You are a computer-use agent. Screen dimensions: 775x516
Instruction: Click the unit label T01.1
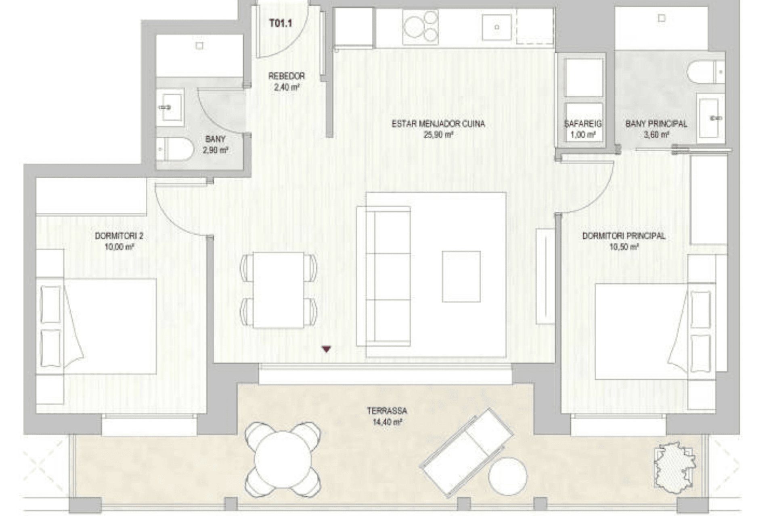[x=281, y=23]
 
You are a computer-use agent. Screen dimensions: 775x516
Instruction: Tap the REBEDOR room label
[x=287, y=76]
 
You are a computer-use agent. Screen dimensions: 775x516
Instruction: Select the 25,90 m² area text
[x=438, y=135]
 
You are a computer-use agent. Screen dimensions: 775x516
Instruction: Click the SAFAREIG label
[x=583, y=124]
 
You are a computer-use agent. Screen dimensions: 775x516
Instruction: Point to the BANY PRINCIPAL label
[x=656, y=124]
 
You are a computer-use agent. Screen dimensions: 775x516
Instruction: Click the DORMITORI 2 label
[x=119, y=236]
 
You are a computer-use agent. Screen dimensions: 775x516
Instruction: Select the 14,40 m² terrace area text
[x=387, y=422]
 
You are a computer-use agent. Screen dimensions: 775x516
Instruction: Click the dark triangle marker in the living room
[x=326, y=350]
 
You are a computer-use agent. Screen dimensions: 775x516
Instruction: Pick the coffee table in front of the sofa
[x=461, y=277]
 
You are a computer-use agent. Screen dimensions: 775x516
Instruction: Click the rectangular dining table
[x=279, y=290]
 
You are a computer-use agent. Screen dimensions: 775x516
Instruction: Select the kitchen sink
[x=497, y=27]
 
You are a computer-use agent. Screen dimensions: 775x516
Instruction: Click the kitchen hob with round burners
[x=420, y=27]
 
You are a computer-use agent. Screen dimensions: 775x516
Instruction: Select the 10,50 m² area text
[x=624, y=247]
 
